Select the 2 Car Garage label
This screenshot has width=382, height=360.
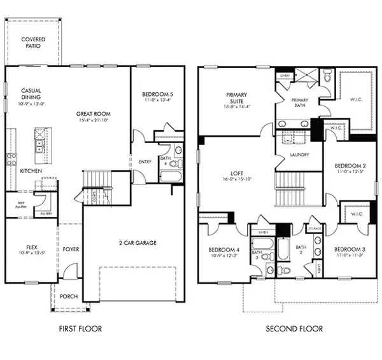pyautogui.click(x=138, y=242)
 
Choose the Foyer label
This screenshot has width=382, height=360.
pyautogui.click(x=71, y=249)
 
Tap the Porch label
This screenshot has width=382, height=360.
pyautogui.click(x=68, y=296)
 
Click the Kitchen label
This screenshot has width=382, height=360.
pyautogui.click(x=31, y=171)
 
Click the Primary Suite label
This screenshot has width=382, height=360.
pyautogui.click(x=237, y=97)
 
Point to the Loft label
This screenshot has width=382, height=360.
pyautogui.click(x=237, y=172)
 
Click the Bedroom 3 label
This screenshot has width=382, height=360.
pyautogui.click(x=348, y=248)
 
